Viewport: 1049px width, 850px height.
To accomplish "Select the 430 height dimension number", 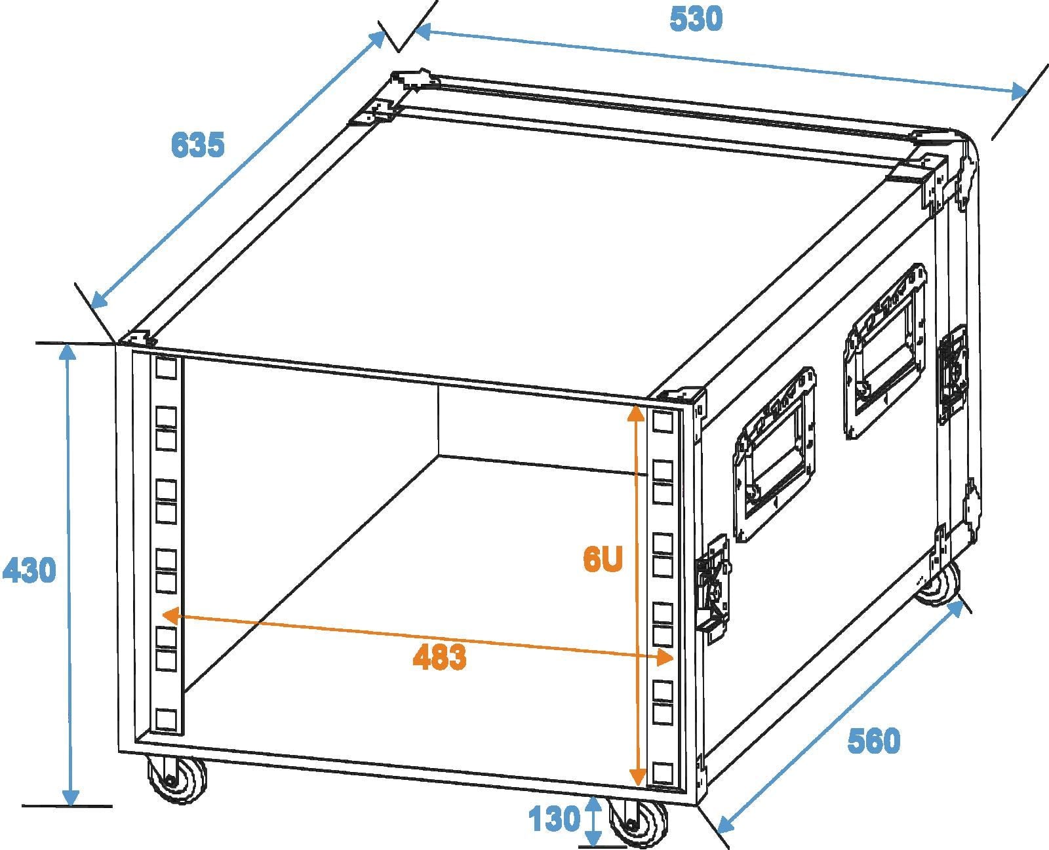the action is pos(30,571).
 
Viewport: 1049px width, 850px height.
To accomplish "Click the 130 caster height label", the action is pos(554,819).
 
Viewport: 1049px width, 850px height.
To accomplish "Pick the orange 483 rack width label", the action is pos(439,657).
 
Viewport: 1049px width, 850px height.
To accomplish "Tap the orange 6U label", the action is pos(603,559).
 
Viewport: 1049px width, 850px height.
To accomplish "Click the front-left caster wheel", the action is pos(177,781).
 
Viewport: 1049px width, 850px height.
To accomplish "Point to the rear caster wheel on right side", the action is pos(939,584).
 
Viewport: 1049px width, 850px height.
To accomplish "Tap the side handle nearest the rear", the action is pos(885,351).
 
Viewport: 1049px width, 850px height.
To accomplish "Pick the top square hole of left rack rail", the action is pos(167,368).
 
